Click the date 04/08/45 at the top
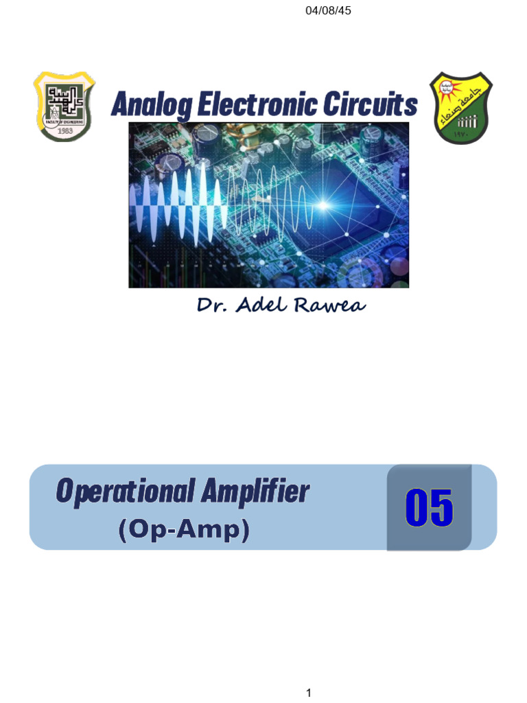coord(328,11)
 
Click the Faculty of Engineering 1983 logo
coord(64,106)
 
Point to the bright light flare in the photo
coord(323,205)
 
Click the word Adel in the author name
coord(263,305)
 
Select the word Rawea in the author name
coord(330,305)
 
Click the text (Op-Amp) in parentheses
coord(183,529)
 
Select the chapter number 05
coord(429,509)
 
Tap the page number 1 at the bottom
coord(309,693)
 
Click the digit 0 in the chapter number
coord(417,509)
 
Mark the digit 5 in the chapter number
coord(442,509)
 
